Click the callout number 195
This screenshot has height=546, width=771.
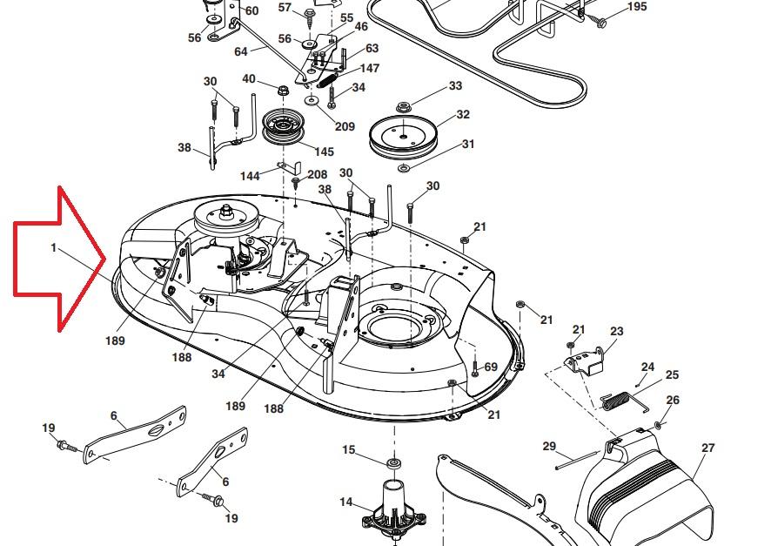coord(637,7)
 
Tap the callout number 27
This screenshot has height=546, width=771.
coord(707,448)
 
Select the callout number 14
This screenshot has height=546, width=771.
coord(346,502)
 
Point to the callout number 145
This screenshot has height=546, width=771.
coord(324,152)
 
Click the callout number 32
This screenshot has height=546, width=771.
coord(463,115)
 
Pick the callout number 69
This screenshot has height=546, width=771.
coord(491,367)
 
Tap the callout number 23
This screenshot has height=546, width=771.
coord(617,331)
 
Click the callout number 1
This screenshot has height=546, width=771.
coord(53,248)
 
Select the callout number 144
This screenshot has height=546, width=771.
coord(251,176)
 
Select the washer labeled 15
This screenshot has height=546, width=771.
coord(392,461)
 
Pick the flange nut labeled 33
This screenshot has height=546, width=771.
coord(404,107)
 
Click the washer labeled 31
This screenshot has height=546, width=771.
coord(405,166)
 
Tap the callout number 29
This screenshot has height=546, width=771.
coord(549,447)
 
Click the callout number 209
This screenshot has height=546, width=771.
coord(345,126)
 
